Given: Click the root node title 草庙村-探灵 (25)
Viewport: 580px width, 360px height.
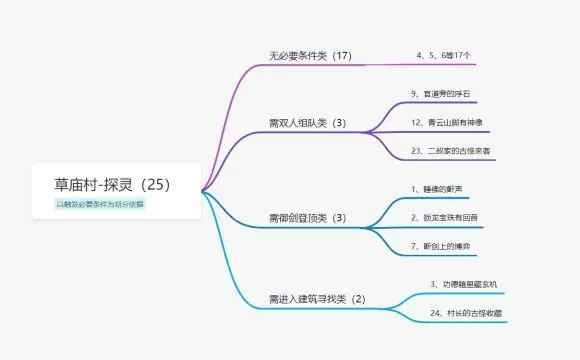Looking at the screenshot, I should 112,185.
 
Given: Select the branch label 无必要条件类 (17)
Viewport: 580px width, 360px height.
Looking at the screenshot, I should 310,55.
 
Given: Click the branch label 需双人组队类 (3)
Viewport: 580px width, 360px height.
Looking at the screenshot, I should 307,124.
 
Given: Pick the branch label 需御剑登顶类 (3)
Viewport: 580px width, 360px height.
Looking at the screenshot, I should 307,217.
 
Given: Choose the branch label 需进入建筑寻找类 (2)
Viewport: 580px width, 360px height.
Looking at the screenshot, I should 317,298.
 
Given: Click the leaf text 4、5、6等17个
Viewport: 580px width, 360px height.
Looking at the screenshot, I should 444,56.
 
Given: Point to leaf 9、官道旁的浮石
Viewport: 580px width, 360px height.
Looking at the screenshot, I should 440,93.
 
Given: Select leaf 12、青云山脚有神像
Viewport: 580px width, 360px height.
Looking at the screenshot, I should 448,122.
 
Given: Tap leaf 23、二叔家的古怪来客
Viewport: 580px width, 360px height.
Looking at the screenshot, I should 451,150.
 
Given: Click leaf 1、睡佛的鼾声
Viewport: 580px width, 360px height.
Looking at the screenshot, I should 437,188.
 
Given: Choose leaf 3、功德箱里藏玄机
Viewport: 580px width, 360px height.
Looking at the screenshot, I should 463,284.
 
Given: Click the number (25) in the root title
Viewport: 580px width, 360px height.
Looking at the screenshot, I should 156,185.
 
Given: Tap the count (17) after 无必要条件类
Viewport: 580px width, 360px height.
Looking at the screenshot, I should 342,55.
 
